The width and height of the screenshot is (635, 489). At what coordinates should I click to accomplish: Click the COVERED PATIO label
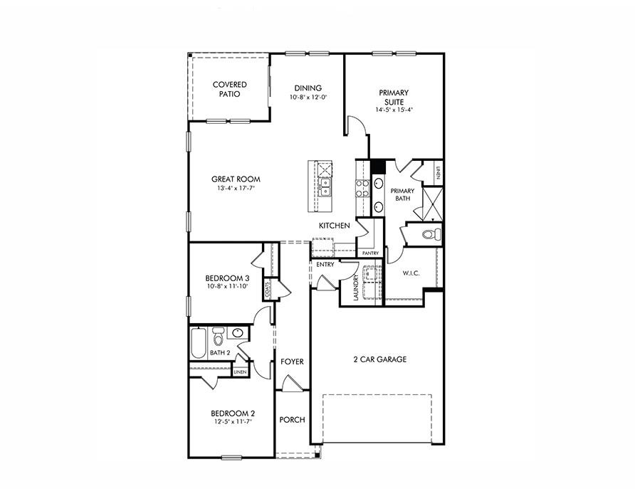click(229, 89)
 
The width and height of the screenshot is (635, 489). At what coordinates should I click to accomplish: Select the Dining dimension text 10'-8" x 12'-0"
click(308, 97)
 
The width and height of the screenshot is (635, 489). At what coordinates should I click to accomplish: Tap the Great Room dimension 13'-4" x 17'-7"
click(235, 189)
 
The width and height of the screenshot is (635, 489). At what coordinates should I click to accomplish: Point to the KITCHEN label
click(334, 226)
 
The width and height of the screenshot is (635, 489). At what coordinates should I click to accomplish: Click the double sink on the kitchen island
click(325, 187)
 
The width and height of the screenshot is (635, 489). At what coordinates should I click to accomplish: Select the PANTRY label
click(370, 253)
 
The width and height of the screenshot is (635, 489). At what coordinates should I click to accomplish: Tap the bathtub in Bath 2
click(198, 342)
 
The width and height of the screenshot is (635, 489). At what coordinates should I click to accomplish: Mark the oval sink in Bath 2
click(238, 332)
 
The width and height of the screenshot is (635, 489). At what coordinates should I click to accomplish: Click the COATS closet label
click(268, 290)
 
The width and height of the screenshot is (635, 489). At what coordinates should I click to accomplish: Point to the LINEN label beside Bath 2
click(240, 372)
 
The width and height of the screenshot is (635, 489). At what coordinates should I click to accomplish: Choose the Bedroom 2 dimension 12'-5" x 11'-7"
click(232, 421)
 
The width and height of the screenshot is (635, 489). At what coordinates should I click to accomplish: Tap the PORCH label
click(292, 420)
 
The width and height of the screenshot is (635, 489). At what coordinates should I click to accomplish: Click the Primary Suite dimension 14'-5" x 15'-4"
click(394, 110)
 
